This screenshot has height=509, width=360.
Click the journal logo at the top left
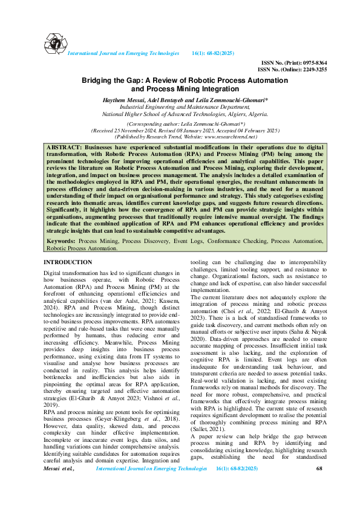click(53, 42)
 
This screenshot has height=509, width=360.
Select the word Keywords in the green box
click(61, 241)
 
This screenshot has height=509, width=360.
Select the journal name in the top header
click(123, 54)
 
